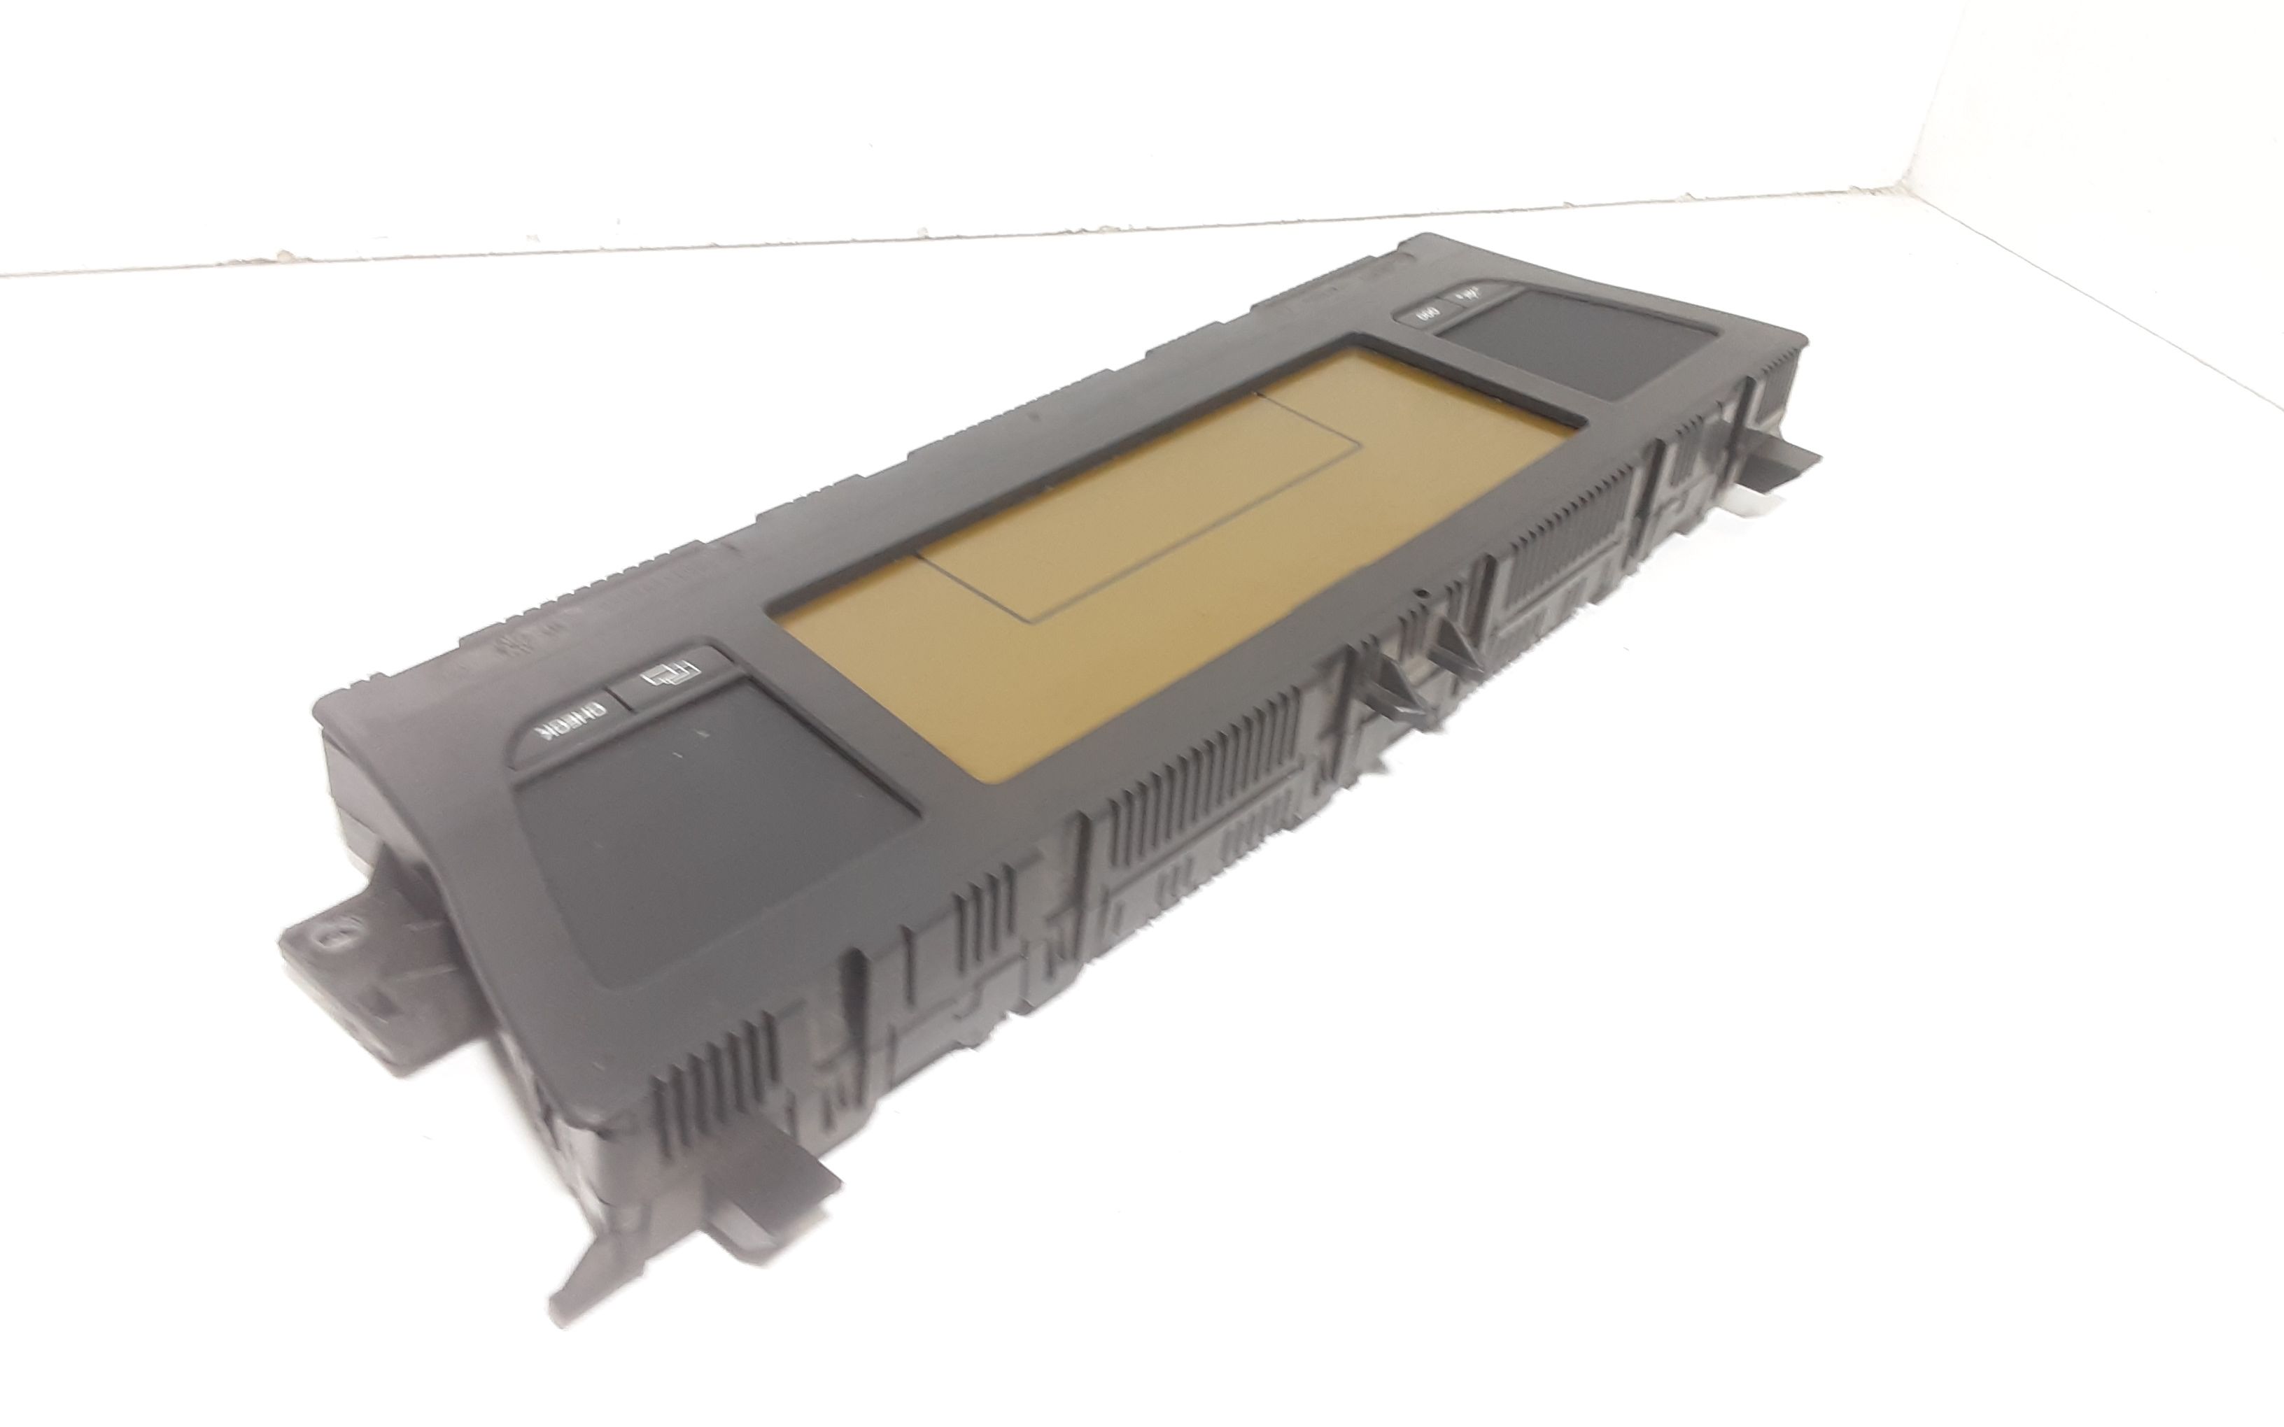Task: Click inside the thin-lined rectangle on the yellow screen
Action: tap(1114, 500)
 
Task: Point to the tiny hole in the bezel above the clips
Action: tap(1421, 594)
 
